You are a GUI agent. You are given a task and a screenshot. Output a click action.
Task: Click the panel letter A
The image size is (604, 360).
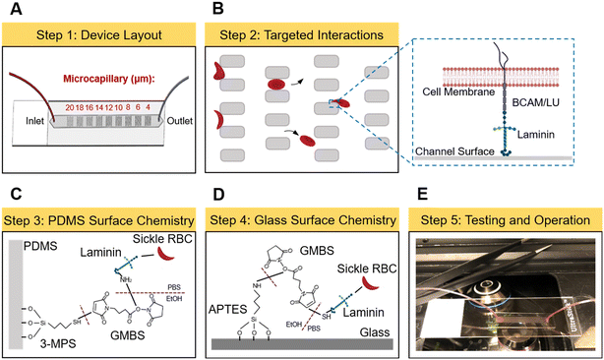pos(10,10)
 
